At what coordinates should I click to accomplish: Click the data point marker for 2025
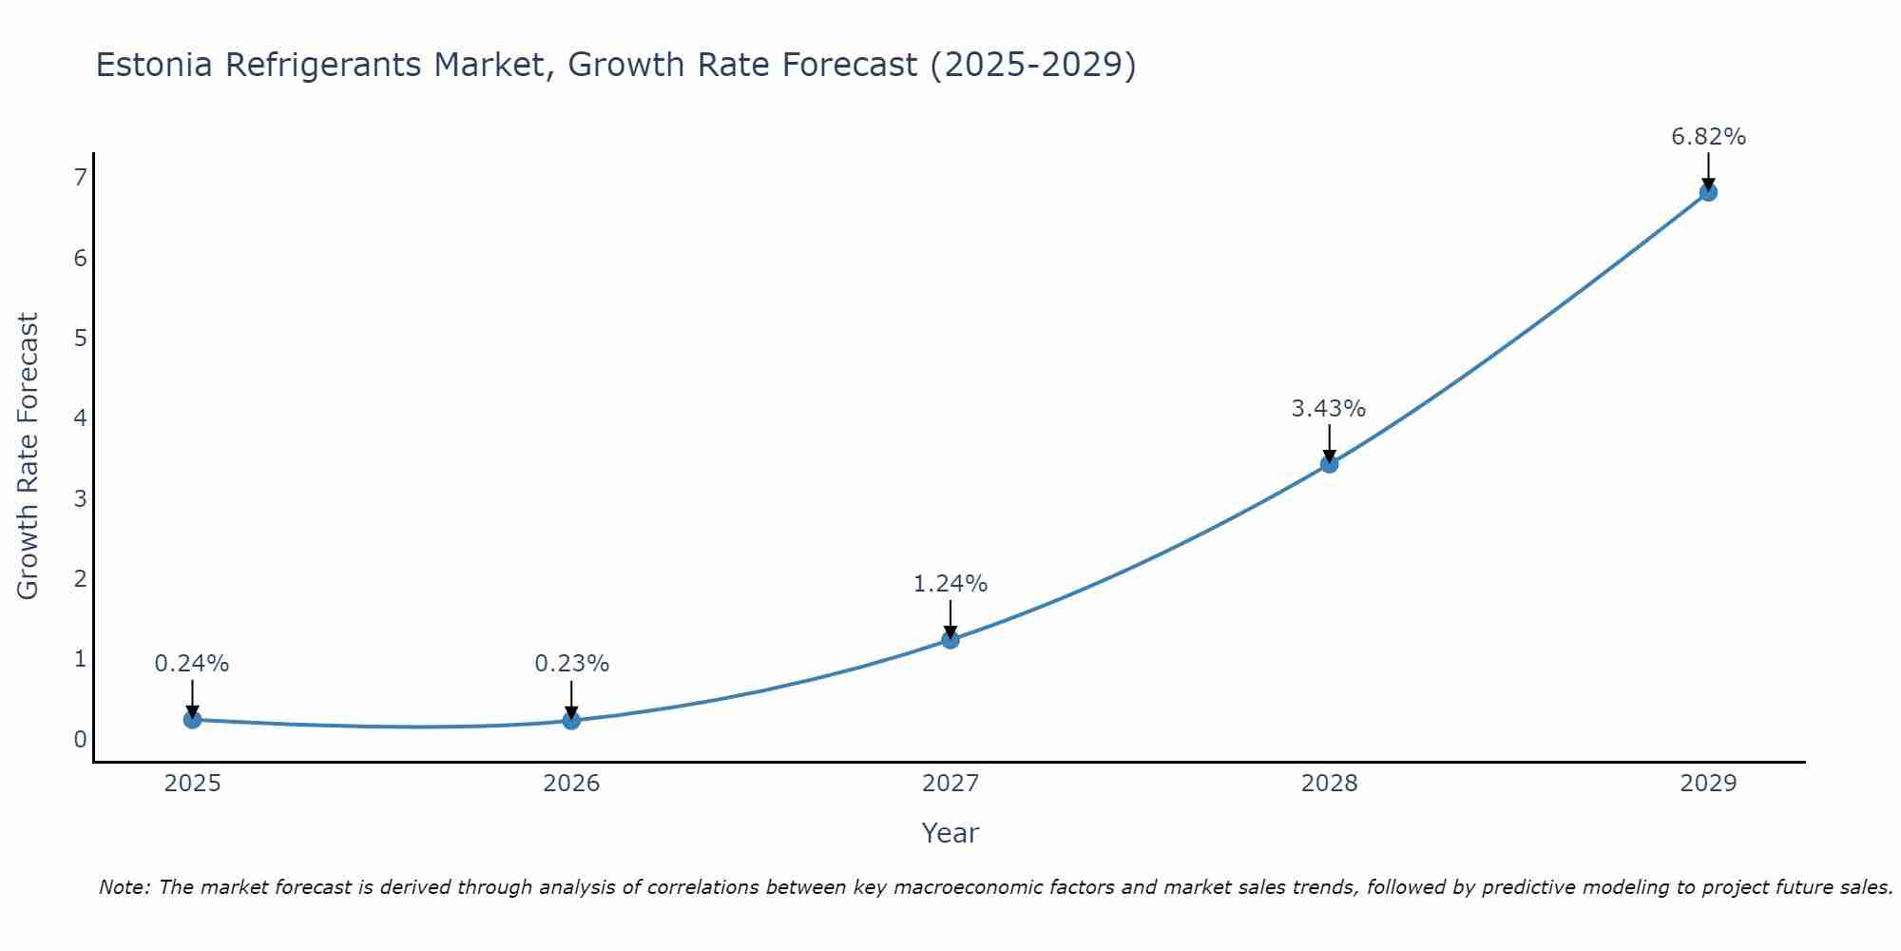(x=192, y=720)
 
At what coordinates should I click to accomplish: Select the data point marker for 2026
(x=571, y=721)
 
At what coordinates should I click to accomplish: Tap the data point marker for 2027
(x=950, y=639)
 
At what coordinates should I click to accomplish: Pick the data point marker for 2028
(x=1329, y=464)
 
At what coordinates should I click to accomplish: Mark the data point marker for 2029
(x=1708, y=192)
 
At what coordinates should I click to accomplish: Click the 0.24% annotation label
(x=192, y=664)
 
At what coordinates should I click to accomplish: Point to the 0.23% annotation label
(x=571, y=664)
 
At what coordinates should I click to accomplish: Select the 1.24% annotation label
(x=950, y=584)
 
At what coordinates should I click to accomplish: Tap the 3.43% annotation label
(x=1328, y=409)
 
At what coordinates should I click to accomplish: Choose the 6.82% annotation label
(x=1708, y=137)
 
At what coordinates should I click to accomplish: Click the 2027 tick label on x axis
(x=950, y=784)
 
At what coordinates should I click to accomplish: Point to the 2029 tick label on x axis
(x=1708, y=784)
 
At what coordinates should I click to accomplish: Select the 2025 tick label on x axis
(x=192, y=784)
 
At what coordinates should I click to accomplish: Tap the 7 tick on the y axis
(x=80, y=177)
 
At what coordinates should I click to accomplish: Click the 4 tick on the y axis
(x=80, y=417)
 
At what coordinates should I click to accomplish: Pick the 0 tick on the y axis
(x=80, y=739)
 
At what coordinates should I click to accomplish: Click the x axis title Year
(x=950, y=833)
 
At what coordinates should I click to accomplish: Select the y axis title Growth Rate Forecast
(x=29, y=456)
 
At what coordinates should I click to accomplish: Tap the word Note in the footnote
(x=123, y=887)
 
